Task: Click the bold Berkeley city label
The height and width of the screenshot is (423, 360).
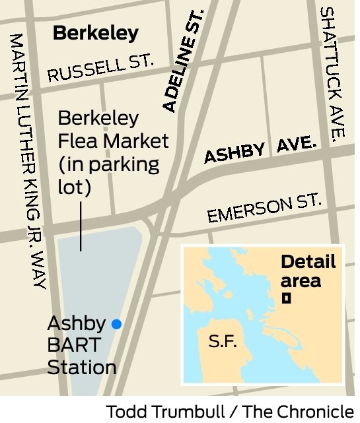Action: pos(96,33)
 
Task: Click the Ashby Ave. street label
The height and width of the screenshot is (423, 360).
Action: pos(260,150)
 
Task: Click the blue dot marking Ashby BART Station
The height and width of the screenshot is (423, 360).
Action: pos(117,323)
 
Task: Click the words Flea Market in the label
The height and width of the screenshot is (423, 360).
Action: pos(113,141)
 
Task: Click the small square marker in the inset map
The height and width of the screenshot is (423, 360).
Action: pos(287,298)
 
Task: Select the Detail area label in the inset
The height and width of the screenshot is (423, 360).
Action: pos(308,271)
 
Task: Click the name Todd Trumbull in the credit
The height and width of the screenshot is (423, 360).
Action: pos(159,410)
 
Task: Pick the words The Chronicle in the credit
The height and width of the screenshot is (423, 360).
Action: pos(298,410)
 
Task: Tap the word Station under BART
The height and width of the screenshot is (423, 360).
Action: pos(83,368)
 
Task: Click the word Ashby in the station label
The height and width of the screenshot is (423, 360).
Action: pos(77,323)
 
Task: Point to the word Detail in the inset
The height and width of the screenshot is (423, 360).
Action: pos(308,261)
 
